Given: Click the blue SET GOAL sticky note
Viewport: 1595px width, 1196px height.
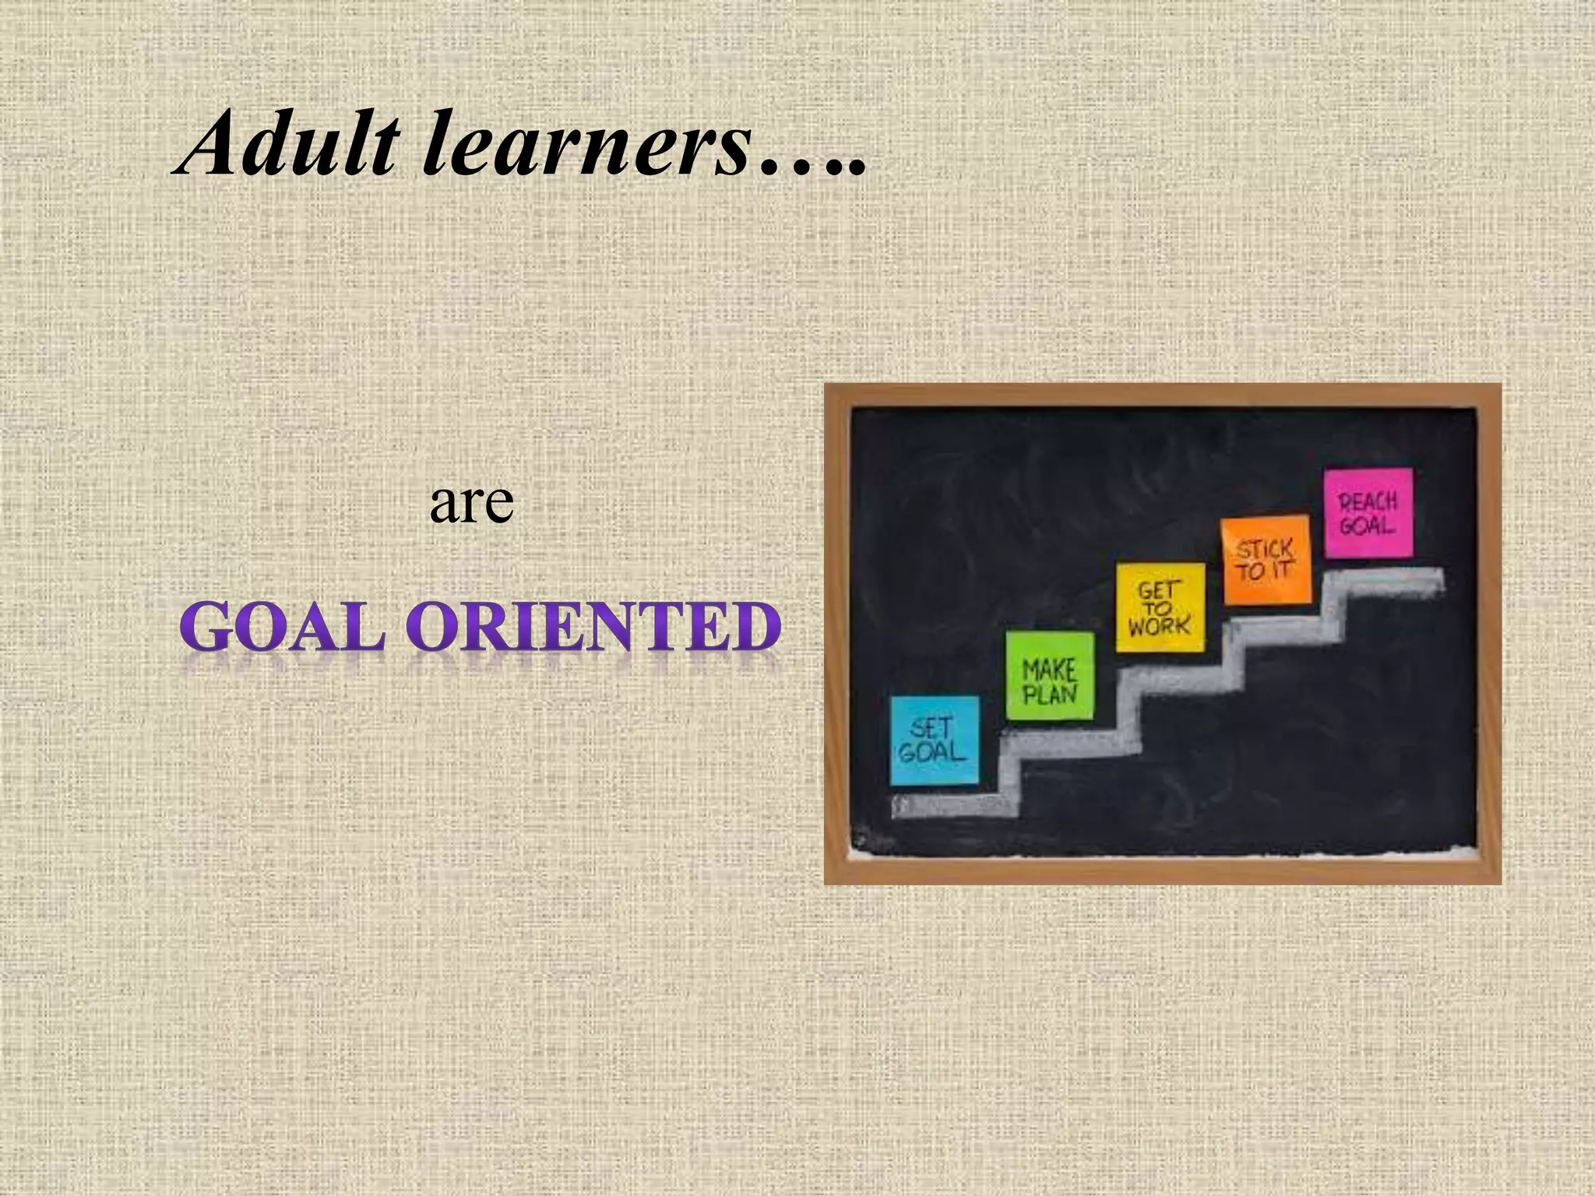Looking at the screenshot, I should pos(934,740).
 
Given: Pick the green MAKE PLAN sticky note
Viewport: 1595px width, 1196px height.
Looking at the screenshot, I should pos(1050,676).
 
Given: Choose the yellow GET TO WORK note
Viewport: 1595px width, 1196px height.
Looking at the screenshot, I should pos(1160,607).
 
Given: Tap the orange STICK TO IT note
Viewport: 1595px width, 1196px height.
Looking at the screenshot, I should pos(1266,558).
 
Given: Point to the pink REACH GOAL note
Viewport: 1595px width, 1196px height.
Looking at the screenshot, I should pos(1368,512).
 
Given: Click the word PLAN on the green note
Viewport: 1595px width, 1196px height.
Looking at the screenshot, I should pos(1050,693).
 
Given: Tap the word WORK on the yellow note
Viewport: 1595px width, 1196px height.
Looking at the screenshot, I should pos(1160,625).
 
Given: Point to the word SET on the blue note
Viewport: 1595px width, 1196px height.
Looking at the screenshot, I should pos(931,728).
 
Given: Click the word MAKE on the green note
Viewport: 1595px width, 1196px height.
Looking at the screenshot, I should pos(1050,669).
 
